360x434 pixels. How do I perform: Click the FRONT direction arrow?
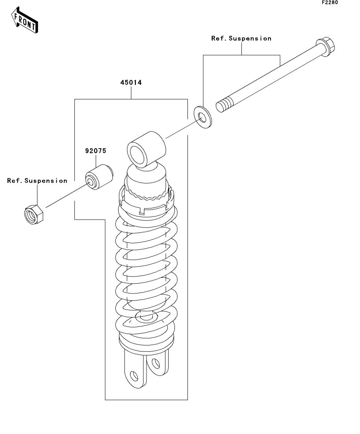[x=25, y=20]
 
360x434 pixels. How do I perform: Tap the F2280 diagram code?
[x=330, y=2]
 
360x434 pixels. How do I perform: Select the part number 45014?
[x=131, y=83]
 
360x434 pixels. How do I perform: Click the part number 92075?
[x=96, y=151]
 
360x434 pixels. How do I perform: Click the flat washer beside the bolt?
[x=202, y=117]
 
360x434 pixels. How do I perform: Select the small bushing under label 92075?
[x=99, y=177]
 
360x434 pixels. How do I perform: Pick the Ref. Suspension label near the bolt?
[x=241, y=39]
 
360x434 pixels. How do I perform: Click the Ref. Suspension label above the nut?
[x=37, y=181]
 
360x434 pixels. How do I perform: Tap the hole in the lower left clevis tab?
[x=134, y=376]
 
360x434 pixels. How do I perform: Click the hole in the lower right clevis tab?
[x=156, y=363]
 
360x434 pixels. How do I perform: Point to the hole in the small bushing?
[x=91, y=182]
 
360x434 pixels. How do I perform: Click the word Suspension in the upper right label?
[x=250, y=39]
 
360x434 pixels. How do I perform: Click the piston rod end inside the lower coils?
[x=147, y=316]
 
